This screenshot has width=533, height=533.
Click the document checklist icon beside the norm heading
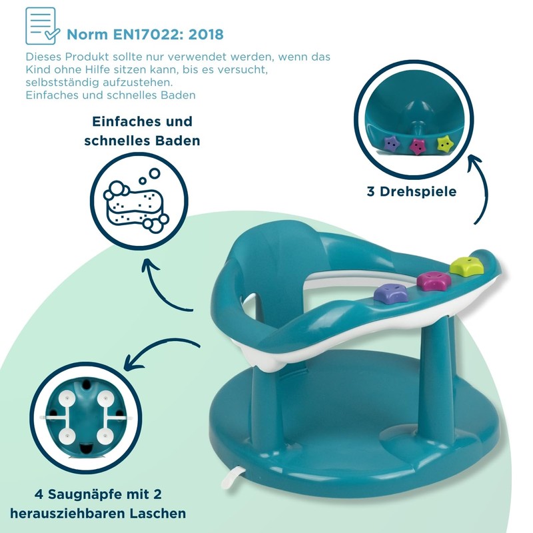click(42, 26)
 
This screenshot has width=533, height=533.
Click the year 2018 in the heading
click(206, 35)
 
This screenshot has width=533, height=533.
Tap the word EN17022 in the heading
click(148, 35)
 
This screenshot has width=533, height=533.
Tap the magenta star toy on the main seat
click(434, 280)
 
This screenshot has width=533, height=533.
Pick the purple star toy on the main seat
click(391, 294)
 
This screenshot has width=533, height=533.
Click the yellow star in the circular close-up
click(444, 143)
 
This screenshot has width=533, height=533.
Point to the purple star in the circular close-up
click(392, 143)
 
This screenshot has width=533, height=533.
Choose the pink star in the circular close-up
click(418, 146)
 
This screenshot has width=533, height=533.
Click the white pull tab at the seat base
click(232, 477)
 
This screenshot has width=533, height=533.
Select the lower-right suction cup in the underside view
click(105, 437)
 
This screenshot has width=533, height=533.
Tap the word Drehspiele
click(418, 192)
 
